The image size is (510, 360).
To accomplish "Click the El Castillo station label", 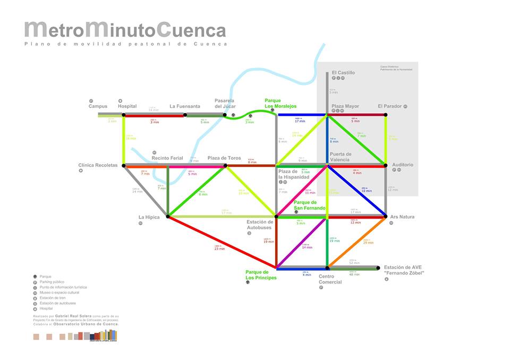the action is tap(343, 72).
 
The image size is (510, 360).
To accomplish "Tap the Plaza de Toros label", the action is tap(224, 158).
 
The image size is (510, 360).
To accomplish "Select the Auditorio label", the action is tap(402, 165).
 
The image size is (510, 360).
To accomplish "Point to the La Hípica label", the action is tap(149, 217).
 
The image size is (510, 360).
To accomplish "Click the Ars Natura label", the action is tap(402, 217).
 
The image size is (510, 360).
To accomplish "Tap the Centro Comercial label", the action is tap(330, 279).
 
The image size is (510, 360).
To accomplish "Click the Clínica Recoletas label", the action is tap(98, 165).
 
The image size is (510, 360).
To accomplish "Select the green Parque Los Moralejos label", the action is tap(280, 103).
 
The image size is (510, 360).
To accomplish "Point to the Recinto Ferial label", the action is tap(167, 158).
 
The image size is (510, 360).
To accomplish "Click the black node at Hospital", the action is tap(124, 114).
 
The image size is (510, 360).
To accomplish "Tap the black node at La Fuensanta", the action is tap(185, 114).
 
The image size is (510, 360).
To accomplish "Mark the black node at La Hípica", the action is tap(168, 216).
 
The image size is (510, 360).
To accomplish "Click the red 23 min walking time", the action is tap(219, 249).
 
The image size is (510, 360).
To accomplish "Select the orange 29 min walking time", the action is tap(368, 242).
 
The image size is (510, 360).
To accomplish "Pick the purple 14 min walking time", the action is tap(307, 247).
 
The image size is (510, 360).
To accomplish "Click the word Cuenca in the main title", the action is tap(191, 30).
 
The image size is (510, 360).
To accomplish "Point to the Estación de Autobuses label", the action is tap(259, 224).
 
